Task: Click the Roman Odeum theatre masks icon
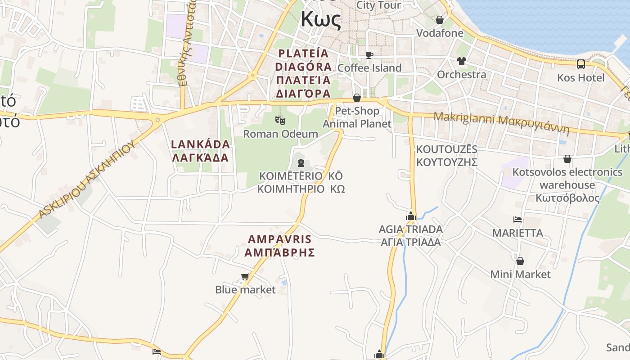[280, 120]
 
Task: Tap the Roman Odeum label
[280, 134]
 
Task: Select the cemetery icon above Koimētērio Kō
[301, 163]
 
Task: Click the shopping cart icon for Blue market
[245, 277]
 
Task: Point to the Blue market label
[245, 289]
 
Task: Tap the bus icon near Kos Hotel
[581, 64]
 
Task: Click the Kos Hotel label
[581, 77]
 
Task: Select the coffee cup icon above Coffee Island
[369, 55]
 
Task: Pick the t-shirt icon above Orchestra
[462, 61]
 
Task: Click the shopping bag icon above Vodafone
[440, 20]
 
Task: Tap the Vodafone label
[440, 33]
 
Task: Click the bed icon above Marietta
[517, 220]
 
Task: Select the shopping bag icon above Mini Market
[520, 261]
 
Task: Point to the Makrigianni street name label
[501, 123]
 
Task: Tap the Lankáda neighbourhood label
[201, 151]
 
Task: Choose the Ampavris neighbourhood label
[279, 246]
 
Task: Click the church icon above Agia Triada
[410, 216]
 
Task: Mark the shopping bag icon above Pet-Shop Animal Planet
[357, 98]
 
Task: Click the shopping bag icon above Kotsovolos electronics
[567, 159]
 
